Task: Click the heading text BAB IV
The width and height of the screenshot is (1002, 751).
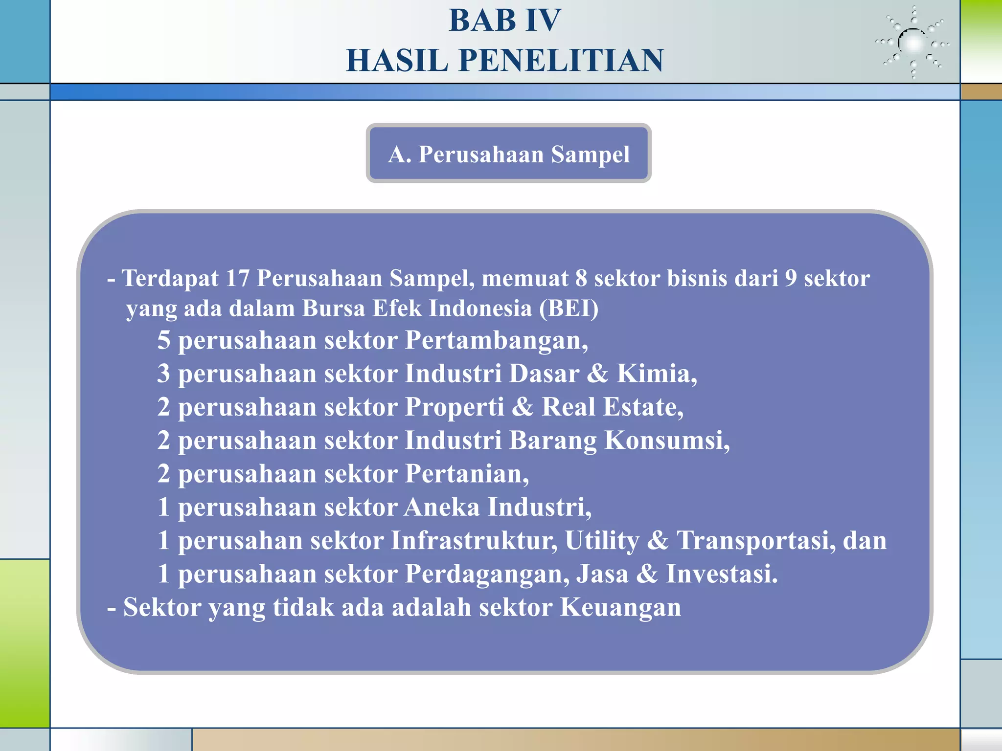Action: click(504, 21)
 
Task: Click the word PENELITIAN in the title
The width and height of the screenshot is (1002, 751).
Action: click(561, 61)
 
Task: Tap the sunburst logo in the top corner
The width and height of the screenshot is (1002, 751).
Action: click(912, 43)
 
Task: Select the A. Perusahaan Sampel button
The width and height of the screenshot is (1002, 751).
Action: click(508, 154)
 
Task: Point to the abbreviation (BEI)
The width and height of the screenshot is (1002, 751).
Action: click(569, 309)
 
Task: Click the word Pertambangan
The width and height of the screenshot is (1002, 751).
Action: click(496, 340)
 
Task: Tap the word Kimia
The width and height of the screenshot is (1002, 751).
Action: click(656, 374)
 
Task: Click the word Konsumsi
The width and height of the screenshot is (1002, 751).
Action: click(667, 440)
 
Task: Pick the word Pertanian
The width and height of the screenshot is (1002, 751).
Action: click(467, 474)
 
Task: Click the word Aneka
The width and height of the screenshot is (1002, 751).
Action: click(442, 507)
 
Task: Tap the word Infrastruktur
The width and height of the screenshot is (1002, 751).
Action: click(474, 541)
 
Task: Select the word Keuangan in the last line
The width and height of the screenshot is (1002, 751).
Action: click(620, 608)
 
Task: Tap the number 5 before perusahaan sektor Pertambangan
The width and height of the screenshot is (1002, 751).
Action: click(164, 340)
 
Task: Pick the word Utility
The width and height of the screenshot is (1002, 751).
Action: click(602, 541)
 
